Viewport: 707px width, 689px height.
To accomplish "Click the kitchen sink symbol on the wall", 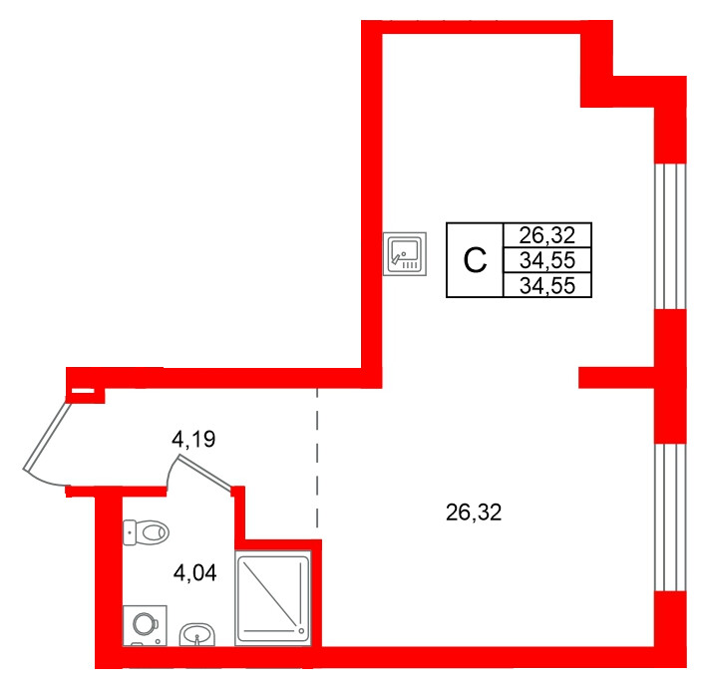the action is pos(405,254).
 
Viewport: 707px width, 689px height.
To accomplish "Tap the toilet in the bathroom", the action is pos(146,532).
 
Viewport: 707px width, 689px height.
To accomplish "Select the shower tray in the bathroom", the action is pos(273,598).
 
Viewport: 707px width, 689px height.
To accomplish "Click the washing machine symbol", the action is pos(145,625).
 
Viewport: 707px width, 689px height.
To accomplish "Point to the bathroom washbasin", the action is pos(197,634).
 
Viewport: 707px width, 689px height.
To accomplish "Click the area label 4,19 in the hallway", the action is pos(193,439).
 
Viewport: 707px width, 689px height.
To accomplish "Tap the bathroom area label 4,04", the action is pos(194,573).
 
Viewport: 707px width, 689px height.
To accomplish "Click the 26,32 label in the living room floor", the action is pos(474,513).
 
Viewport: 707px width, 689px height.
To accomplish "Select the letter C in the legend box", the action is pos(476,260).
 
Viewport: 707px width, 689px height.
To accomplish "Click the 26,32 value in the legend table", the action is pos(546,235).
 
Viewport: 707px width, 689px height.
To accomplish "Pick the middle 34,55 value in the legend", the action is pos(546,260).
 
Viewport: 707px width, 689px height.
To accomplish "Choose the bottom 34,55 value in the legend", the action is pos(546,285).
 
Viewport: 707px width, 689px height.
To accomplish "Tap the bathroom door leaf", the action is pos(205,472).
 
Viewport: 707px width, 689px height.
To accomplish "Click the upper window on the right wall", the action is pos(670,236).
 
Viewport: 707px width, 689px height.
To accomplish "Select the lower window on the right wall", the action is pos(670,517).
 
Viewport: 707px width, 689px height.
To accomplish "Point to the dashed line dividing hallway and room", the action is pos(317,457).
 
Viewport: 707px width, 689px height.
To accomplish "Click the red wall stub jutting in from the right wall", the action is pos(616,378).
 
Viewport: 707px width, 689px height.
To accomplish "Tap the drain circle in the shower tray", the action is pos(300,630).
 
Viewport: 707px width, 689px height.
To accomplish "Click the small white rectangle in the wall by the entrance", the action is pos(83,392).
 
